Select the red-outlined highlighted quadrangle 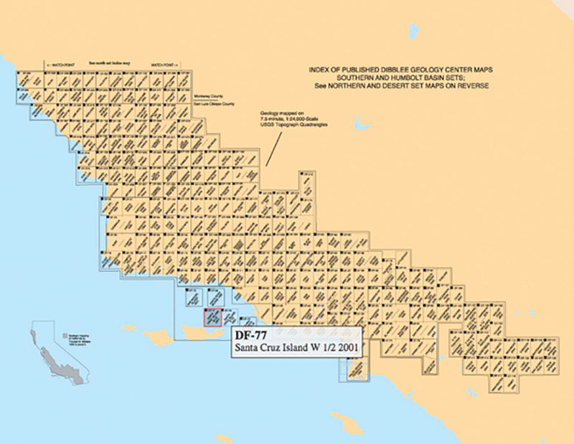coord(212,317)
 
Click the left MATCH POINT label coord(60,64)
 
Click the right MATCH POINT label coord(164,64)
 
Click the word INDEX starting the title coord(319,69)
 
